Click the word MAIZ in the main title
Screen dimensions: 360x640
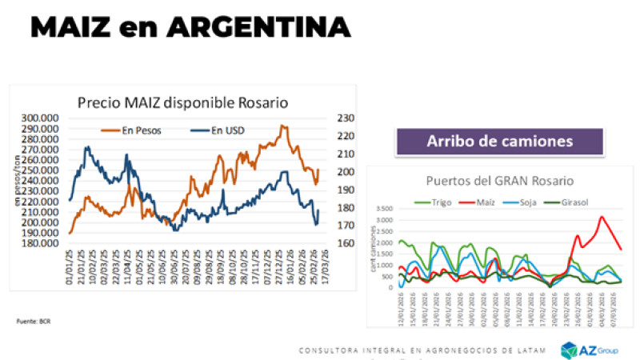75,27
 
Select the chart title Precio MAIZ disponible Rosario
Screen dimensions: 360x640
182,102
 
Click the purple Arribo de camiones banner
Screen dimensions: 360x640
500,142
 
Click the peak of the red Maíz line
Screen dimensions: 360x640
602,217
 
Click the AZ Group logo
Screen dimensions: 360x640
589,350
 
